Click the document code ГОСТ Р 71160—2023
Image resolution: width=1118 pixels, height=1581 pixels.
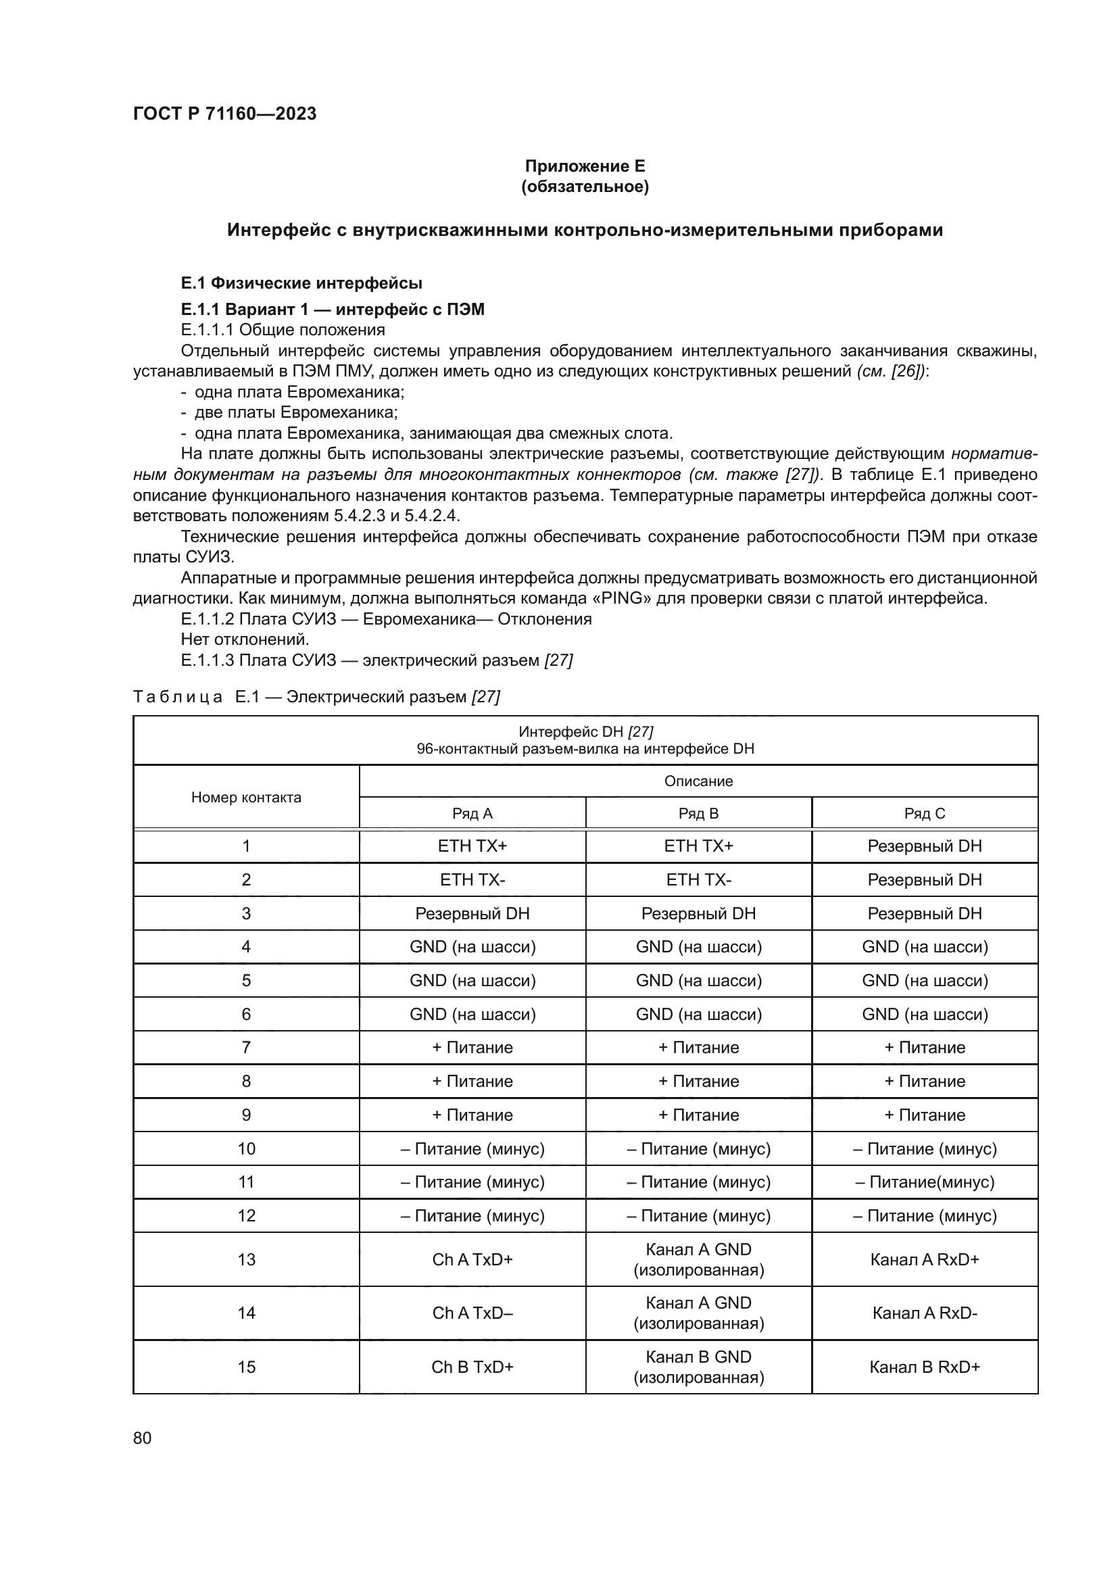224,114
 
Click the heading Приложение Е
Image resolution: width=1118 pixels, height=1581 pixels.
585,166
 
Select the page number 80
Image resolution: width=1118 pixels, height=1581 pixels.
143,1438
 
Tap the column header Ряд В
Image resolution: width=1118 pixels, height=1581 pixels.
698,813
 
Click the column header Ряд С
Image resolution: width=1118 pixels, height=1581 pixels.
925,813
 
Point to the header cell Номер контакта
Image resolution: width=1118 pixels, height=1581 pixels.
246,798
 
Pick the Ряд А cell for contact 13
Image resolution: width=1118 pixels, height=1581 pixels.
472,1259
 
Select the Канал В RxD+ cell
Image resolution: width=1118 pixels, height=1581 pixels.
925,1367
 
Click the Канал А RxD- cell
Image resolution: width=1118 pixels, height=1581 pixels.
925,1313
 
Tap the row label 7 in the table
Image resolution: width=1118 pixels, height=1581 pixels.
246,1047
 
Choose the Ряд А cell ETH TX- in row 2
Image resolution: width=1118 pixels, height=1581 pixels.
472,879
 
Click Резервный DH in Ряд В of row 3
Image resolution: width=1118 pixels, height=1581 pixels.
698,913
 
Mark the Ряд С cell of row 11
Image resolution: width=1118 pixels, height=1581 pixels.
925,1182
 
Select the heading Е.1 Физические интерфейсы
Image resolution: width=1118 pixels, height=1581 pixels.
301,283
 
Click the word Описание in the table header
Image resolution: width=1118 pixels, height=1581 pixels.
698,781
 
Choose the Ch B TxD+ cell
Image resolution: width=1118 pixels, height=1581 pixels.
472,1367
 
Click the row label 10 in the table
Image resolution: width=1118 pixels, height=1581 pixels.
246,1148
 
